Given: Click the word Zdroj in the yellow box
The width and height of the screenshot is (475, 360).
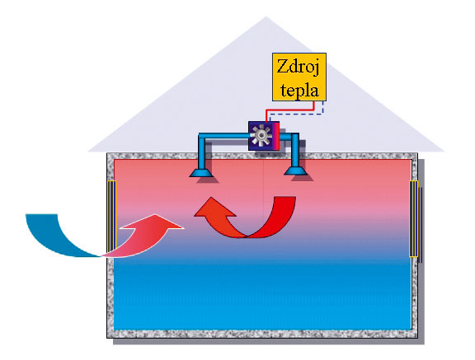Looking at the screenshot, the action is click(x=298, y=67).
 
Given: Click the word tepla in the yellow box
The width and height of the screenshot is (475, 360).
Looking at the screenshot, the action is click(x=299, y=90).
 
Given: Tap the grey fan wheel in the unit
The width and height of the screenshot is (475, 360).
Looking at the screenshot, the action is click(x=261, y=137).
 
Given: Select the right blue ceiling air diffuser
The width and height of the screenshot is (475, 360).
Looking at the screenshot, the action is click(x=295, y=171).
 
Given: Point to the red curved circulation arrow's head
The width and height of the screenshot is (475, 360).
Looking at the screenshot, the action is click(x=212, y=208).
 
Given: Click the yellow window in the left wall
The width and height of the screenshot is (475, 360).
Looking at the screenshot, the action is click(x=111, y=217).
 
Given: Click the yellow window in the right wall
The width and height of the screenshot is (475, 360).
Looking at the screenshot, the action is click(x=413, y=218).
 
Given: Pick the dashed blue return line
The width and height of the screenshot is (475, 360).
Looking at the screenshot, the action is click(x=297, y=114).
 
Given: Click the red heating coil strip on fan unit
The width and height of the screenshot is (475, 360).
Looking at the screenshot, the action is click(x=276, y=136).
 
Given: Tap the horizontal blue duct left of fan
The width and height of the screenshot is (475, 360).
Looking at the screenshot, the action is click(x=223, y=136).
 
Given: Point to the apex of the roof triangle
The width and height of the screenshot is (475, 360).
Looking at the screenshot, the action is click(x=266, y=16).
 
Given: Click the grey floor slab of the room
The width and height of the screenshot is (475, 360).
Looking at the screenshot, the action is click(x=262, y=334).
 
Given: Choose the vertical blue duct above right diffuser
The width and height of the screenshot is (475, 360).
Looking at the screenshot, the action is click(x=295, y=151).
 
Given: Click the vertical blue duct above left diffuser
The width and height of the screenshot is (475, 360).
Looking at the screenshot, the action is click(x=202, y=152).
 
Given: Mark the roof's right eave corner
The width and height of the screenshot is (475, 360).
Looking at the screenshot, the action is click(x=444, y=151).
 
